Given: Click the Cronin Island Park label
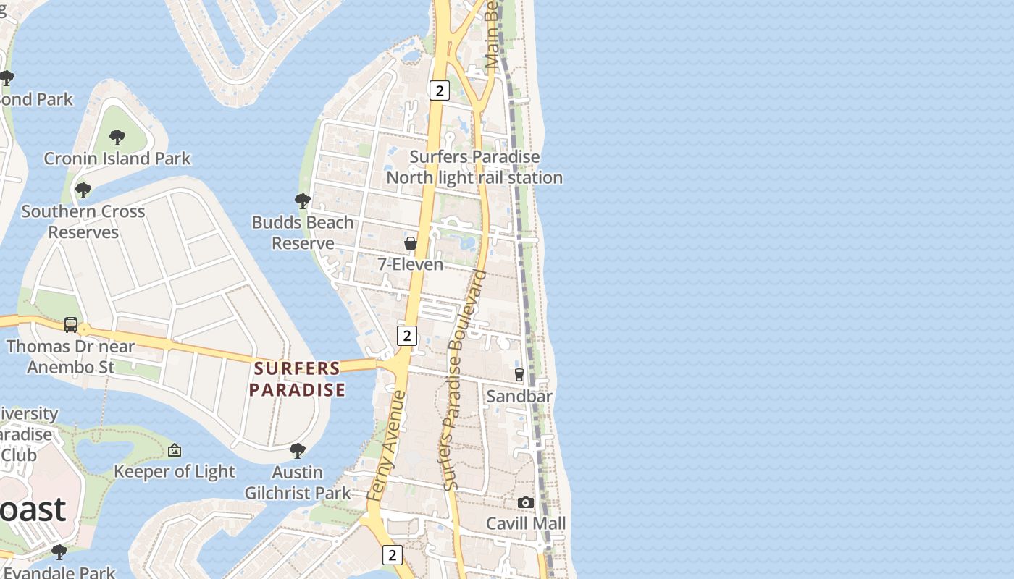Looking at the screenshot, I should pyautogui.click(x=117, y=159).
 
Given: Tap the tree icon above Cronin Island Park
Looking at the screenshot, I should pyautogui.click(x=117, y=137).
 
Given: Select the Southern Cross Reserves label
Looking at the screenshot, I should pyautogui.click(x=83, y=221).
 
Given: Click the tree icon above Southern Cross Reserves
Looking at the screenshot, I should pyautogui.click(x=83, y=190).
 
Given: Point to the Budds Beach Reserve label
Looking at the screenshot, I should pyautogui.click(x=303, y=232).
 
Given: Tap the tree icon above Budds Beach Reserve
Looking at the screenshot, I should pyautogui.click(x=303, y=201).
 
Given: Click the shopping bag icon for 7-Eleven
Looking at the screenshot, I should pyautogui.click(x=411, y=243).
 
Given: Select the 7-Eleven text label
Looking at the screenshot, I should pyautogui.click(x=411, y=264).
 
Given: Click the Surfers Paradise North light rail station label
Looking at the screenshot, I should pyautogui.click(x=474, y=167).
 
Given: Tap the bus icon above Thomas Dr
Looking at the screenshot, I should pyautogui.click(x=71, y=325).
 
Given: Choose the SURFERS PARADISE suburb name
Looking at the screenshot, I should pyautogui.click(x=297, y=379).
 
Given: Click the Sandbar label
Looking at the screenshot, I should pyautogui.click(x=519, y=396).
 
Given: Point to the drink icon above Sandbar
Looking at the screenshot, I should pyautogui.click(x=519, y=374).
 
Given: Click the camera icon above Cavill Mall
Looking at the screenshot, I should pyautogui.click(x=526, y=502).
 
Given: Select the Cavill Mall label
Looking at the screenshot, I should pyautogui.click(x=526, y=523).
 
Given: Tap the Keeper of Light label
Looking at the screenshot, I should pyautogui.click(x=175, y=472).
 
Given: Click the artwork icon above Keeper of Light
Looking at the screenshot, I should pyautogui.click(x=175, y=451).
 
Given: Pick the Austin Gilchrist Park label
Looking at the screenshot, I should pyautogui.click(x=298, y=483).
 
